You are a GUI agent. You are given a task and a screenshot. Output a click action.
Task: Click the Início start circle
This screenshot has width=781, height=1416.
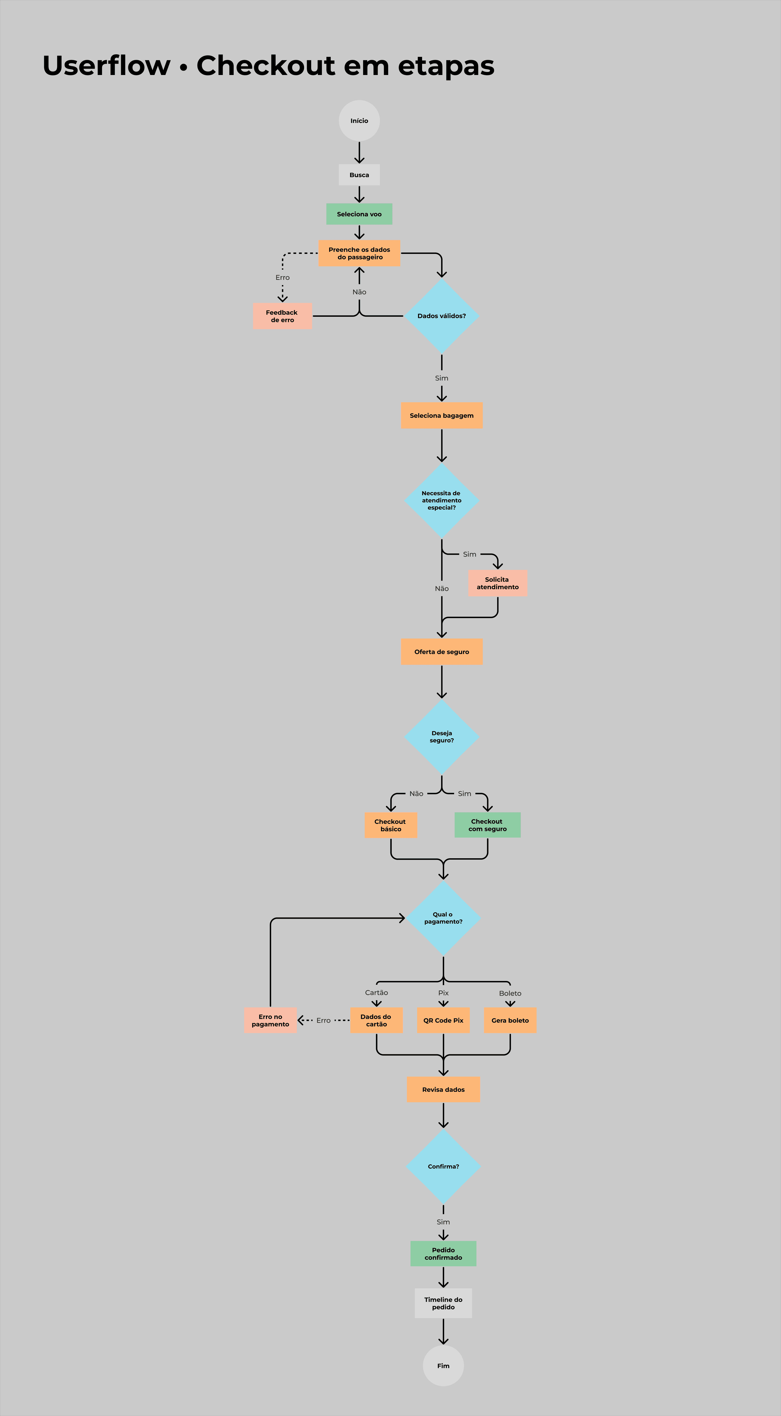tap(359, 120)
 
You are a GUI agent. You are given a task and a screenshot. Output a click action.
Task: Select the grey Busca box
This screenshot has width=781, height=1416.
tap(359, 175)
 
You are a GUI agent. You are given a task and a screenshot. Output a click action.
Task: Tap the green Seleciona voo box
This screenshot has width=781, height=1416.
tap(359, 214)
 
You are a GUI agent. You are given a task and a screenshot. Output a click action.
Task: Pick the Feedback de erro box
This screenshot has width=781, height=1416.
tap(282, 316)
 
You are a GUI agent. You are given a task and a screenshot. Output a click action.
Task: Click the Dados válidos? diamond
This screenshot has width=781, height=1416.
tap(442, 316)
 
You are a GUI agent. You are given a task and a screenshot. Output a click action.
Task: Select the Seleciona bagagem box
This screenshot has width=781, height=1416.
tap(442, 415)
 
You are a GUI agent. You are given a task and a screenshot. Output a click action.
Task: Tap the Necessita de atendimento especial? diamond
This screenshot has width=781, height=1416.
tap(442, 500)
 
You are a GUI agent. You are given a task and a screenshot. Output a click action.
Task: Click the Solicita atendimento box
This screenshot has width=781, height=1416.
tap(498, 583)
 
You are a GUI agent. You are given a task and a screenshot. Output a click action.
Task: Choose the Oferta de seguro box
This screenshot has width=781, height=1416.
tap(442, 652)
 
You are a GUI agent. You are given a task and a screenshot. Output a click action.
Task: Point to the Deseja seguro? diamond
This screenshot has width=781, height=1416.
tap(442, 737)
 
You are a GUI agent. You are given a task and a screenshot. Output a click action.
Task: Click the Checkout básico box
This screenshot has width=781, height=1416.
tap(391, 825)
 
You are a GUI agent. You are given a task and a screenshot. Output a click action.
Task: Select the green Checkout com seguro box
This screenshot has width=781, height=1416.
tap(487, 825)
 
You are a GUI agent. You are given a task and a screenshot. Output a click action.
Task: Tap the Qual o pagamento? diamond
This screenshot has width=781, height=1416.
tap(443, 918)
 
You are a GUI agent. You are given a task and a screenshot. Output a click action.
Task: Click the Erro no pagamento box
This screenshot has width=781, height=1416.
tap(270, 1020)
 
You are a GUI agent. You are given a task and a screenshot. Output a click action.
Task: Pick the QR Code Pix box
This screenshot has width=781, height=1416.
tap(443, 1020)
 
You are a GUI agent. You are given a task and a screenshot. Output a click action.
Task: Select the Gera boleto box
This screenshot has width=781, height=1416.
tap(510, 1020)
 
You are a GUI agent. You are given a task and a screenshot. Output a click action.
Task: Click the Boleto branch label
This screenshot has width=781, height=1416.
tap(510, 993)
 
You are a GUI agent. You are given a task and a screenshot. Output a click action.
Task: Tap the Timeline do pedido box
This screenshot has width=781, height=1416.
tap(443, 1303)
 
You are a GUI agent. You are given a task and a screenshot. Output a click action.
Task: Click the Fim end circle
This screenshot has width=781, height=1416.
tap(443, 1366)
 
